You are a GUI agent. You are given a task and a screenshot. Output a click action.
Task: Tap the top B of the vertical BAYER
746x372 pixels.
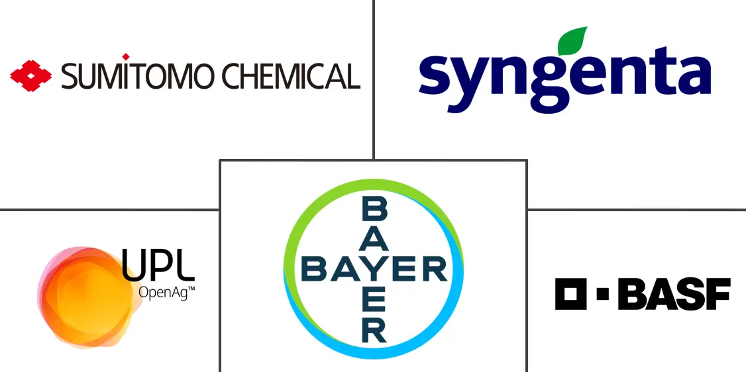click(374, 210)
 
